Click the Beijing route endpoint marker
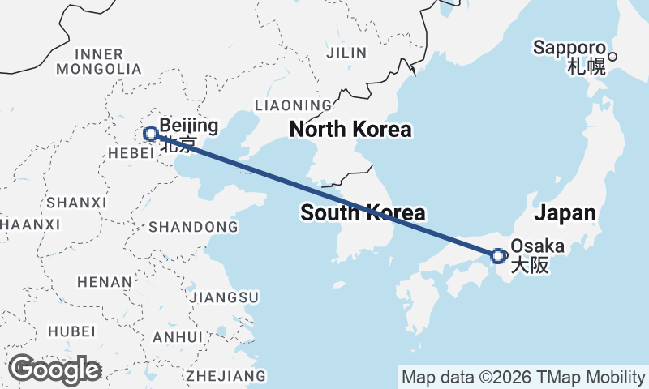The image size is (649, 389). (x=150, y=134)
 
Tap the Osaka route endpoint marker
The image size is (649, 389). (x=499, y=255)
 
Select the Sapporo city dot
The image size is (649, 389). (x=613, y=57)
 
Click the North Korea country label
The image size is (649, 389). (x=350, y=130)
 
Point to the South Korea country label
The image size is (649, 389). (x=363, y=213)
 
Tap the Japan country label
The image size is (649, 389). (x=565, y=214)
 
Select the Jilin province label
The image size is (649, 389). (x=346, y=53)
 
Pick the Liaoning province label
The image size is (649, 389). (x=293, y=105)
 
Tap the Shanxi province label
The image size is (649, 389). (x=77, y=202)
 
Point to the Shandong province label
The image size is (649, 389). (x=193, y=226)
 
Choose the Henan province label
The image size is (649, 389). (x=104, y=282)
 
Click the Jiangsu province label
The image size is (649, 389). (x=223, y=297)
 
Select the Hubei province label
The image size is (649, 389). (x=71, y=331)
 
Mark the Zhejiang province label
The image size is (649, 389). (x=226, y=376)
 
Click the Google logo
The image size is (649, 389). (x=54, y=370)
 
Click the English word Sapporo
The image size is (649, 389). (x=569, y=48)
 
